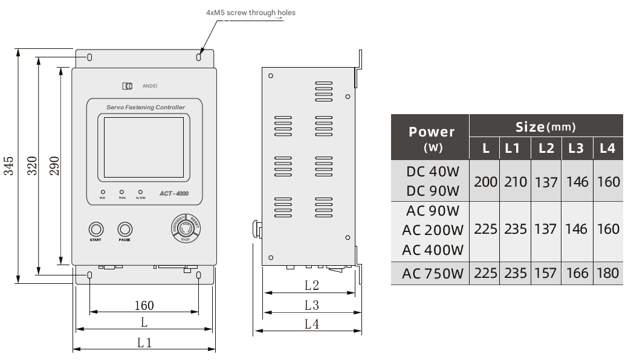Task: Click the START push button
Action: pos(95,230)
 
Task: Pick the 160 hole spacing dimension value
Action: pos(144,306)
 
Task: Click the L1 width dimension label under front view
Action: pos(144,343)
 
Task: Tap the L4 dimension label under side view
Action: pos(311,324)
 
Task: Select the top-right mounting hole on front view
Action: pos(199,57)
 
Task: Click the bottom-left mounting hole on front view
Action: pos(90,276)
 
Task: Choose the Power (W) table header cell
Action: pos(431,138)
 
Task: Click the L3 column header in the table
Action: pos(577,148)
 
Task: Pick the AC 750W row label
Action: pos(432,273)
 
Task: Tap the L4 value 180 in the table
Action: pos(607,273)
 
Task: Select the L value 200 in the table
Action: pos(485,181)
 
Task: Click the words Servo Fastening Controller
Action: pos(145,108)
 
